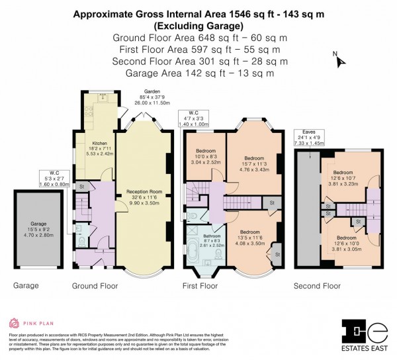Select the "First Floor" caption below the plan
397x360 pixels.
click(200, 287)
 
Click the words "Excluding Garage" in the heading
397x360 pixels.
click(198, 26)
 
